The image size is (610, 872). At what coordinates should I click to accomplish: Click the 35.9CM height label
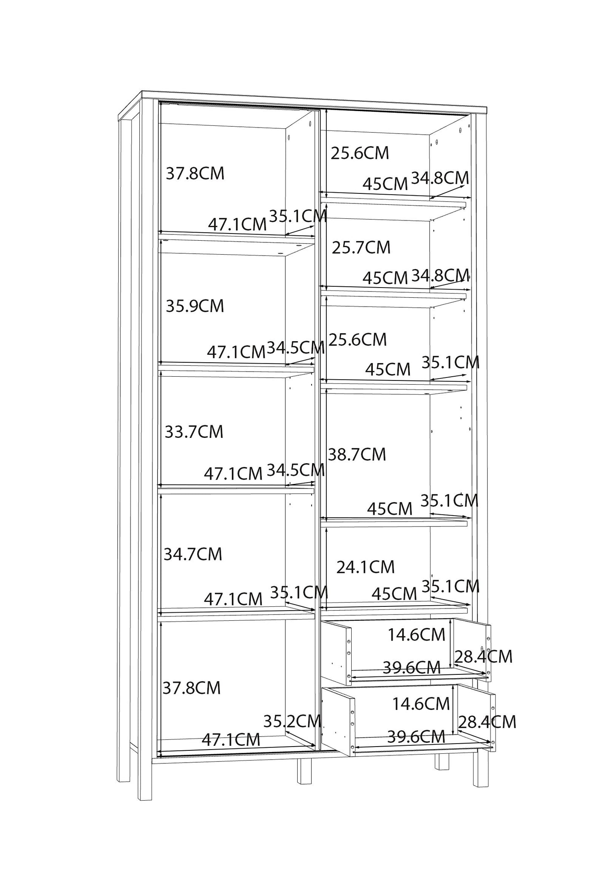(x=195, y=306)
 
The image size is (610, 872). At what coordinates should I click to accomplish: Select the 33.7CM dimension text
(x=194, y=432)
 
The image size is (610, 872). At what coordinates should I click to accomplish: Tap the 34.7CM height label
(x=193, y=554)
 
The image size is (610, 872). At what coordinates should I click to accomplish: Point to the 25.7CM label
(x=361, y=247)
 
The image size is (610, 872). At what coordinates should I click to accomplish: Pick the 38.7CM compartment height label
(x=357, y=454)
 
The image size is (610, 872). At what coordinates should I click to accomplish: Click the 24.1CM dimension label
(x=366, y=567)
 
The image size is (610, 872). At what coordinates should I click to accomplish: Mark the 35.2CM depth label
(x=293, y=721)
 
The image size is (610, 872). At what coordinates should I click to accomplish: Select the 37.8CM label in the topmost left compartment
(x=195, y=174)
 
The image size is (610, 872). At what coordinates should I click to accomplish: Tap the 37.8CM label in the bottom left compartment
(x=192, y=688)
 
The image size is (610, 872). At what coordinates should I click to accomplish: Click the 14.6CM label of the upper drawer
(x=417, y=634)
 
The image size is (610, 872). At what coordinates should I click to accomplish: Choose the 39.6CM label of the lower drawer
(x=416, y=737)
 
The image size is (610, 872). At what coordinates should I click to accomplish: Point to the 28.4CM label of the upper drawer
(x=483, y=656)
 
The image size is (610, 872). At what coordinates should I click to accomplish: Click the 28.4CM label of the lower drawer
(x=488, y=722)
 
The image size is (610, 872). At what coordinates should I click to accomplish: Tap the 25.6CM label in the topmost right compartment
(x=360, y=153)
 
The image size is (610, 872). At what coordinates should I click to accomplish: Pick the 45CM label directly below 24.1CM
(x=394, y=594)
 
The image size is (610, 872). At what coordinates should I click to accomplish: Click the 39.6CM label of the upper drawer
(x=412, y=668)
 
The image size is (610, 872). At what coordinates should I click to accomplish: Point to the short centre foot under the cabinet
(x=304, y=771)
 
